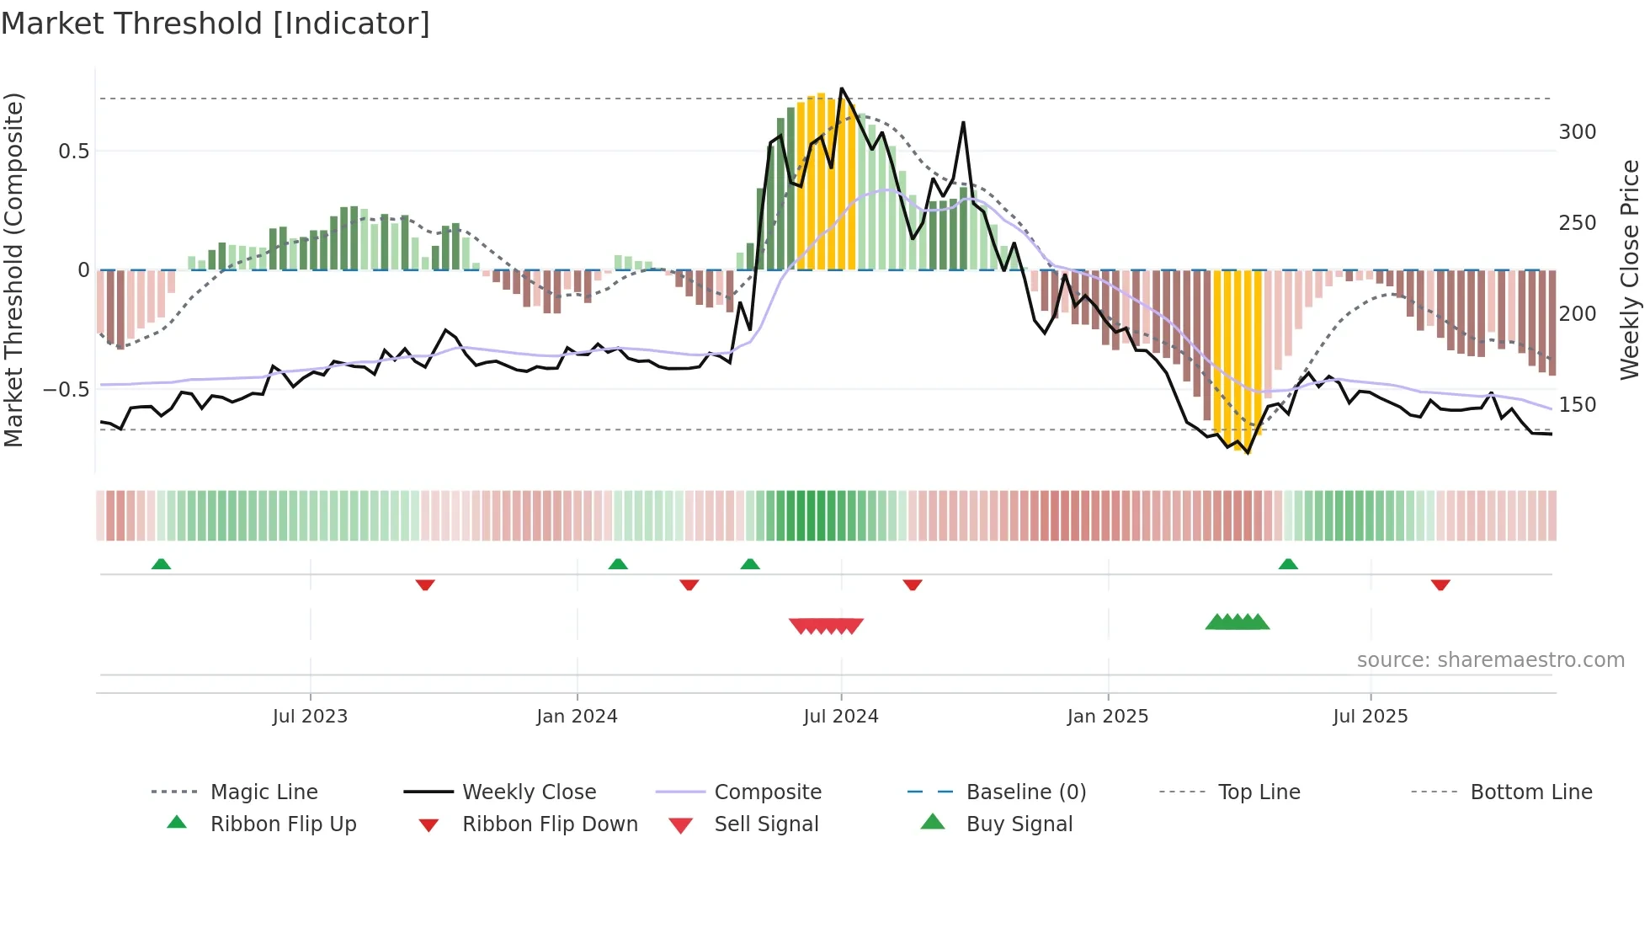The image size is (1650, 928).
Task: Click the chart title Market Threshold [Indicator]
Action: click(x=216, y=24)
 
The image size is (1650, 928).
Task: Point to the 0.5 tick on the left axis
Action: click(x=73, y=152)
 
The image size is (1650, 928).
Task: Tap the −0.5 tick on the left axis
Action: click(x=67, y=390)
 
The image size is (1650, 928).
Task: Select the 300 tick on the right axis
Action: click(x=1578, y=132)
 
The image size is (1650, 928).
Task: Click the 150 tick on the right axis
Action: click(x=1578, y=405)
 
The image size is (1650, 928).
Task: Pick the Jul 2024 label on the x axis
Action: click(x=840, y=717)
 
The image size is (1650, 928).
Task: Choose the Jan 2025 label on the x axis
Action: click(x=1107, y=717)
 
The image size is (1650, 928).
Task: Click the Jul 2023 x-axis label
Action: click(x=310, y=717)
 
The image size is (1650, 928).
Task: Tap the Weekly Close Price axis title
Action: click(x=1630, y=269)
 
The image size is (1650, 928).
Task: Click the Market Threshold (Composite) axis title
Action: click(x=13, y=269)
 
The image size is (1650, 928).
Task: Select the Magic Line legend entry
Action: click(x=263, y=792)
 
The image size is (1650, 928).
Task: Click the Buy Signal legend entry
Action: click(x=1019, y=824)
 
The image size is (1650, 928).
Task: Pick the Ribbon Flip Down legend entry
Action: click(x=550, y=824)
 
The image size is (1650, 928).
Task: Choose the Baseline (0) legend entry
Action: click(x=1025, y=792)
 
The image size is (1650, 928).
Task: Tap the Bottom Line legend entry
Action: click(x=1530, y=792)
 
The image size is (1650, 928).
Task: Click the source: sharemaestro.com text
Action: click(x=1490, y=660)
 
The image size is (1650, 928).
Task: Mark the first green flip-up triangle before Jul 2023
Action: click(x=161, y=563)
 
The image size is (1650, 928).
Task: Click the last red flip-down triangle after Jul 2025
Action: click(x=1440, y=584)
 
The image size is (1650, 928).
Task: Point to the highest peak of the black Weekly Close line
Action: click(x=842, y=88)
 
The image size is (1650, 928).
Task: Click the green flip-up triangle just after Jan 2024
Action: click(x=618, y=563)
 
